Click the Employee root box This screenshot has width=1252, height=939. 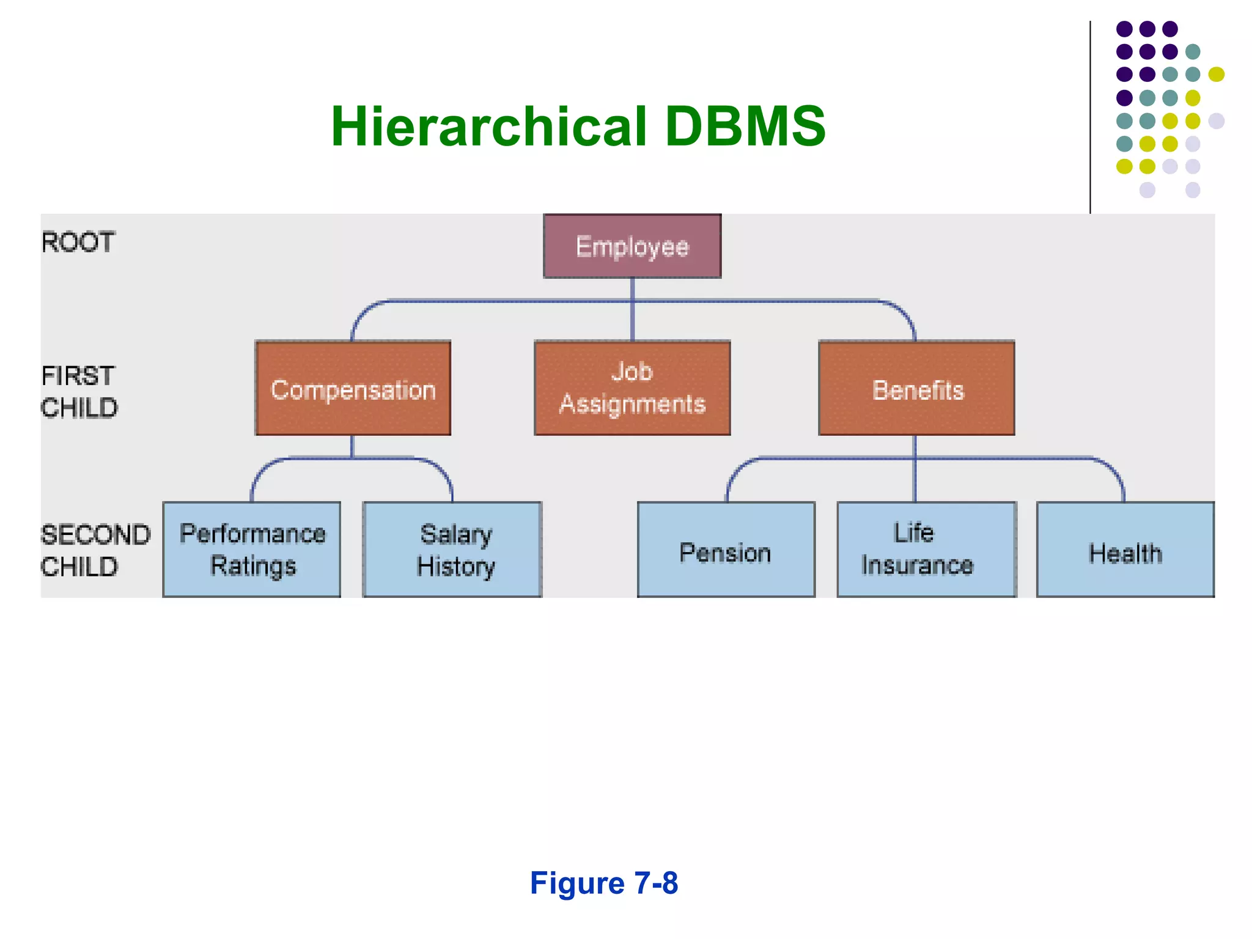point(632,246)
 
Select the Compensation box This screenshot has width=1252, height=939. point(353,388)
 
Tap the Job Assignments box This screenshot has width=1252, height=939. point(632,388)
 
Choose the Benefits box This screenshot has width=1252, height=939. point(916,388)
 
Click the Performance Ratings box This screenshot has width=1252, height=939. point(252,549)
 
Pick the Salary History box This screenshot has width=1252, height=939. point(452,549)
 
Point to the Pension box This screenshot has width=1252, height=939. point(726,549)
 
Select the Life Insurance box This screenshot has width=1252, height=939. point(927,549)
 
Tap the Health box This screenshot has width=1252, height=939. point(1125,549)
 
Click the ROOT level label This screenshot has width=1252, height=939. point(78,242)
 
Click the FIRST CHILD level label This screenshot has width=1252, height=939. point(79,392)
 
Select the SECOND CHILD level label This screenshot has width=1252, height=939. point(95,550)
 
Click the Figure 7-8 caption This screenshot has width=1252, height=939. point(603,883)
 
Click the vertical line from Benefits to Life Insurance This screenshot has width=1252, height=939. point(915,480)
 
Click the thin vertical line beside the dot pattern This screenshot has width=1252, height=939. point(1090,116)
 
